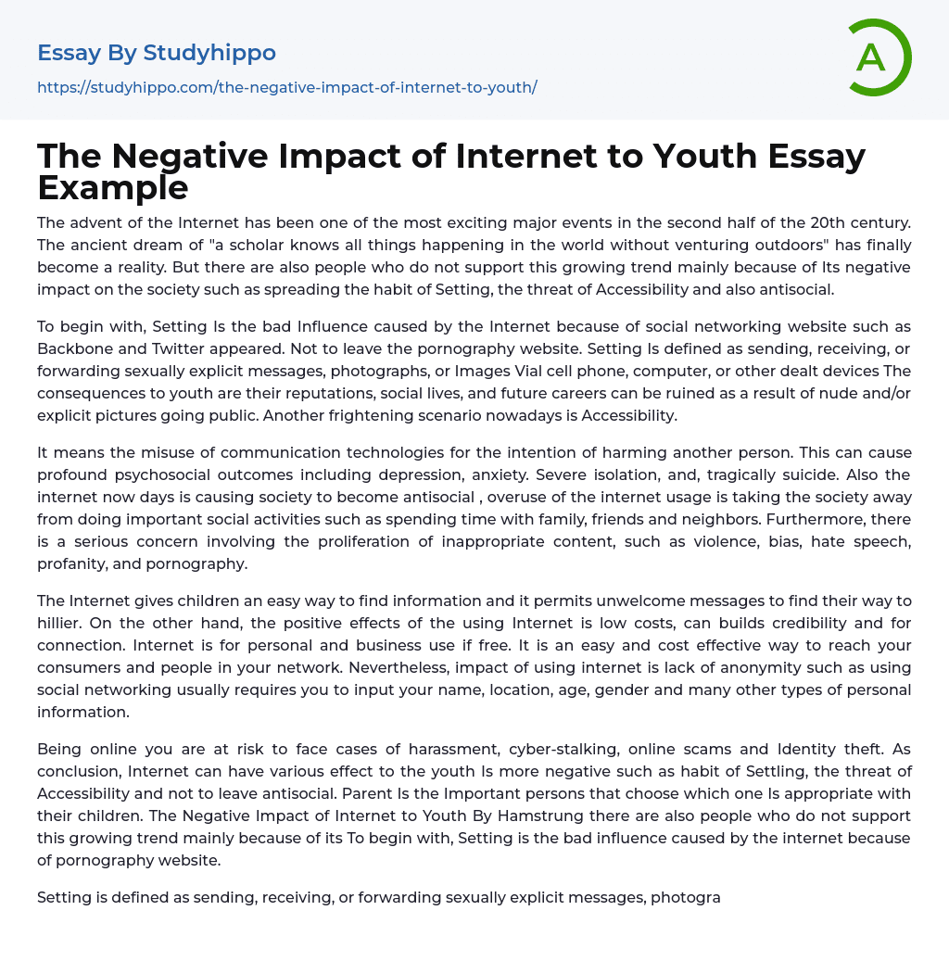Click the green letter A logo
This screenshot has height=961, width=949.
coord(879,57)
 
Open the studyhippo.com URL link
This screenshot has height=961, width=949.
coord(287,87)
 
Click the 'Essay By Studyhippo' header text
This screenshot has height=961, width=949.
coord(157,53)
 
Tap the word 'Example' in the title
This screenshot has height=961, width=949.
coord(113,187)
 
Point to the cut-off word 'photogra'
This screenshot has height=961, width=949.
coord(685,897)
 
